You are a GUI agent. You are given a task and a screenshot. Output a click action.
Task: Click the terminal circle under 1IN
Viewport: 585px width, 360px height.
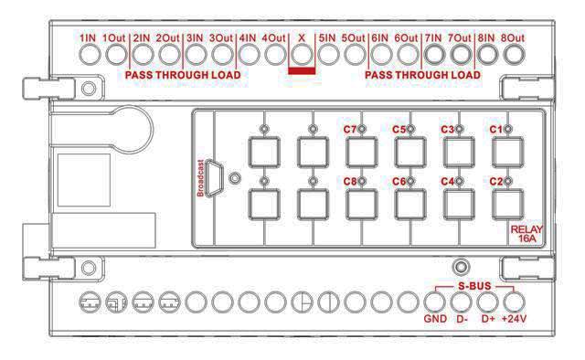coord(90,55)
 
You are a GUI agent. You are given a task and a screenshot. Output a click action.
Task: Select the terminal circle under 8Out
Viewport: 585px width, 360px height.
coord(514,55)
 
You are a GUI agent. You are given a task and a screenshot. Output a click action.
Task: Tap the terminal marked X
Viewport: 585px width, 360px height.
coord(302,55)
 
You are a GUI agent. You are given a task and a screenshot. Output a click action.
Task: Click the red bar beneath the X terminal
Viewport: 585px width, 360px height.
coord(302,71)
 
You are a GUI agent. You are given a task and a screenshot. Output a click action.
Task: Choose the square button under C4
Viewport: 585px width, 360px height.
coord(459,205)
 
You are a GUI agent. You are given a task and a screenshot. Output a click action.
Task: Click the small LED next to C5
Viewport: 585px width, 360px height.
coord(410,129)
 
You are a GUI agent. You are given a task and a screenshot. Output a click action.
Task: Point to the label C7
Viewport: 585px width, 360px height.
coord(350,130)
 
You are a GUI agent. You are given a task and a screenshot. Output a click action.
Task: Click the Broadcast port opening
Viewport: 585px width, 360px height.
coord(214,178)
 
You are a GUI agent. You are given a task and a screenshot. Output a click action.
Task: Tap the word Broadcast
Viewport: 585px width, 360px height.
coord(200,178)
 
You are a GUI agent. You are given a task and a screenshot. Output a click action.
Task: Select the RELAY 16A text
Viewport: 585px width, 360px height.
coord(526,234)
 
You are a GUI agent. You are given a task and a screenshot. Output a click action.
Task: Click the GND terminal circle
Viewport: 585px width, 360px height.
coord(435,302)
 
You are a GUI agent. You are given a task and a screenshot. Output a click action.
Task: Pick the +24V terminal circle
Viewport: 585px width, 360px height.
coord(514,302)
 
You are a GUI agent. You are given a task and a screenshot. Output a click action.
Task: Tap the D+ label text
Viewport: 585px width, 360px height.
coord(488,319)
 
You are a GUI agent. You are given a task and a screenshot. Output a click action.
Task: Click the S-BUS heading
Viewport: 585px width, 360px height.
coord(474,287)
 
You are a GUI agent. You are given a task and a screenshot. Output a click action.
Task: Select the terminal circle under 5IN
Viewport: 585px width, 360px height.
coord(328,55)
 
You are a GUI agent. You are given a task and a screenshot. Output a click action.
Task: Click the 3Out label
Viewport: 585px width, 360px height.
coord(221,38)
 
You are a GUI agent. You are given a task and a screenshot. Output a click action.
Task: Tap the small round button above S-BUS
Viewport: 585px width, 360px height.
coord(461,267)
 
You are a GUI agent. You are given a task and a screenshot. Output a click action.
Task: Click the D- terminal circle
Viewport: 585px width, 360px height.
coord(461,302)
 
